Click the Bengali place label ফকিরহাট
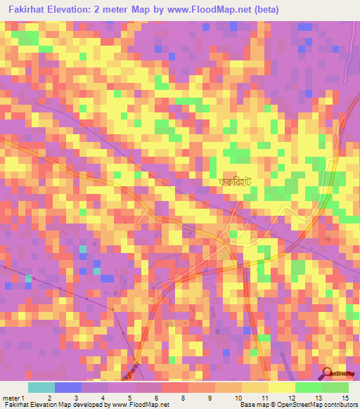[236, 181]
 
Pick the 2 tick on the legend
[49, 397]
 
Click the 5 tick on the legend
[129, 397]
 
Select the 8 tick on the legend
[182, 397]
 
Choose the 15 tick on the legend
[345, 397]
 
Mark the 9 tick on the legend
[209, 397]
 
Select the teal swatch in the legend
[41, 387]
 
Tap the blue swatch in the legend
[68, 387]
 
